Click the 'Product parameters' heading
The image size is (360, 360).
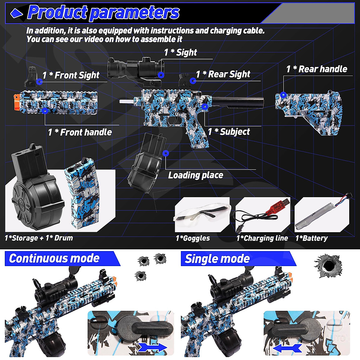pos(103,13)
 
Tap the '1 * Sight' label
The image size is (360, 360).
pos(180,52)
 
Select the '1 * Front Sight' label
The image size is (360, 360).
pos(71,75)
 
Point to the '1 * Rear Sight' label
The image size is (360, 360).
pos(223,74)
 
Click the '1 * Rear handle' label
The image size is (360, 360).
pos(316,69)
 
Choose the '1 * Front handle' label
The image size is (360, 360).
pos(80,132)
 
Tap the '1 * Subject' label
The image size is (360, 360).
pos(229,131)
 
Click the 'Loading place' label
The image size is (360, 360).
pos(196,175)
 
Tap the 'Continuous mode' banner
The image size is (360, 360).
pos(54,258)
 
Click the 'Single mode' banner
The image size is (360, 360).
pos(217,259)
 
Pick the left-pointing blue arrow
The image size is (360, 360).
pos(287,348)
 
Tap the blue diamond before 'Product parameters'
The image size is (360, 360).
pos(16,13)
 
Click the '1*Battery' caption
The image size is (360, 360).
pos(311,238)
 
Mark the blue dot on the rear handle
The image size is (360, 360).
pos(283,95)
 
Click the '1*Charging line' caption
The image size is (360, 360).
pos(262,238)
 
